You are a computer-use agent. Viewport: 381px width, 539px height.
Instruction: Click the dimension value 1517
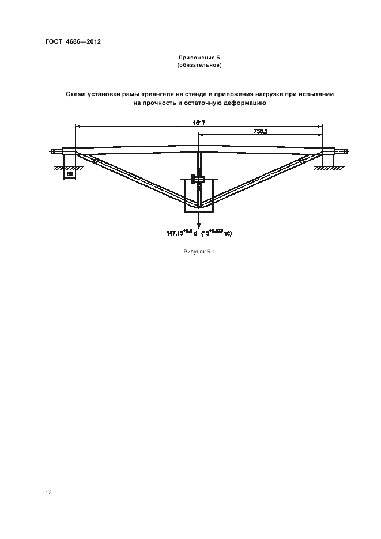coord(199,123)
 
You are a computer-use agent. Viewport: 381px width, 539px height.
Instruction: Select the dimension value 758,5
coord(261,132)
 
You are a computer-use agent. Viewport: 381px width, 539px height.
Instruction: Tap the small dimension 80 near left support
coord(69,173)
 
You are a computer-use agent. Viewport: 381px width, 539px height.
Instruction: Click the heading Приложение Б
coord(199,59)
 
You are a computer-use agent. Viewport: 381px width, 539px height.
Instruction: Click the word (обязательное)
coord(199,66)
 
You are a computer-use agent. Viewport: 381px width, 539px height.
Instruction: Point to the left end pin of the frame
coord(55,152)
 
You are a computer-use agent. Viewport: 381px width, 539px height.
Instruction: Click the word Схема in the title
coord(78,93)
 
